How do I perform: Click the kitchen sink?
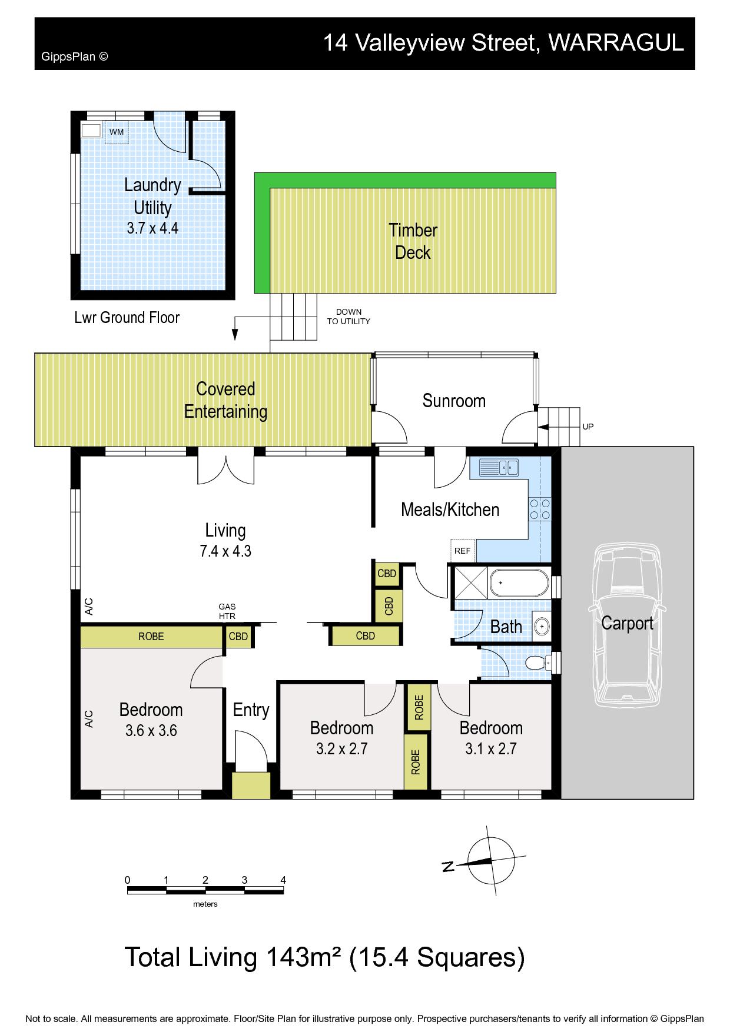pos(499,468)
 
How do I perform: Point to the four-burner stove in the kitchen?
pos(540,509)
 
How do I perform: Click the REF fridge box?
pos(463,551)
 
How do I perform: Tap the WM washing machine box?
pos(117,132)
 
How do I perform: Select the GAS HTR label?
pos(227,611)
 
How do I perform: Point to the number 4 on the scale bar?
pos(283,880)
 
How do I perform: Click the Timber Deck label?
pos(413,241)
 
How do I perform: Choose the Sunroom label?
pos(454,401)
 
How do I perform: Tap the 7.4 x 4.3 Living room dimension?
pos(225,551)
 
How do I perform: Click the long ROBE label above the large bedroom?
pos(151,636)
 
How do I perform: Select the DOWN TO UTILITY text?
pos(349,317)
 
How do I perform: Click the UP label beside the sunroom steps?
pos(588,427)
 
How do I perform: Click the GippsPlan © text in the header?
pos(75,56)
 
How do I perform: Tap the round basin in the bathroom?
pos(542,627)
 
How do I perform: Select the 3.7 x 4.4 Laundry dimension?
pos(152,228)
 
